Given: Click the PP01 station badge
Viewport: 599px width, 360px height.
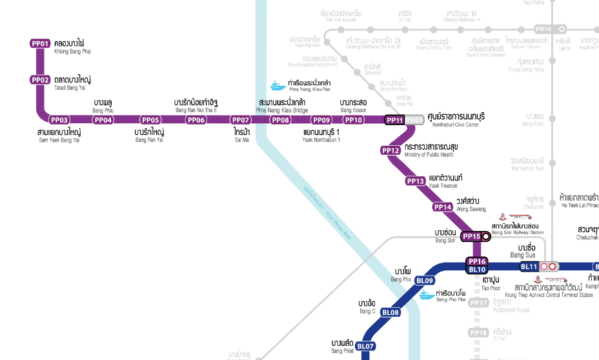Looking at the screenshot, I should [40, 43].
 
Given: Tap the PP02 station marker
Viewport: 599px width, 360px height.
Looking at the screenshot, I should [40, 80].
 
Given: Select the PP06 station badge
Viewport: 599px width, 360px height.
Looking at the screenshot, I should [196, 119].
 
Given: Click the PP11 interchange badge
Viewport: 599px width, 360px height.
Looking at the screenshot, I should [394, 120].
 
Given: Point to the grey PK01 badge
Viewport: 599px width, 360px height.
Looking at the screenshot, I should [414, 120].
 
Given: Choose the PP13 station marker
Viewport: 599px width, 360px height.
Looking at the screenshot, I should [415, 181].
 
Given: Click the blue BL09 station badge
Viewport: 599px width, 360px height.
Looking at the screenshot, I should [424, 281].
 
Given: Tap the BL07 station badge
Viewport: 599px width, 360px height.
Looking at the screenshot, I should [365, 346].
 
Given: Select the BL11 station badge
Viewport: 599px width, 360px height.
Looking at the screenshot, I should [529, 266].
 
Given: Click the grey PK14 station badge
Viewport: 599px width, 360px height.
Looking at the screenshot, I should [543, 29].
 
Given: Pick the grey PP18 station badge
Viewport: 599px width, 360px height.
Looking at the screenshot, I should [478, 333].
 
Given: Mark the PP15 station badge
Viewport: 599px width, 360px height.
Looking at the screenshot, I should [472, 236].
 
